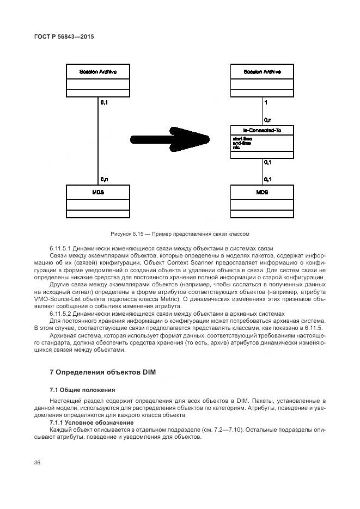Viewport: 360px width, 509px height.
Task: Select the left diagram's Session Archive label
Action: (x=97, y=71)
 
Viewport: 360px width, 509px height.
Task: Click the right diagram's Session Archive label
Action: (x=261, y=71)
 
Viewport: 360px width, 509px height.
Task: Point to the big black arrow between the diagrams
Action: (x=163, y=138)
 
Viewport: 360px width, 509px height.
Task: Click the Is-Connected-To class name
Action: (x=261, y=131)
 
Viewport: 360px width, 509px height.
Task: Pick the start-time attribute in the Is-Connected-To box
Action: (x=242, y=139)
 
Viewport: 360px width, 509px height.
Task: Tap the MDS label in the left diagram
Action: (x=97, y=192)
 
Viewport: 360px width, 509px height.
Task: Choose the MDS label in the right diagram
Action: (x=261, y=192)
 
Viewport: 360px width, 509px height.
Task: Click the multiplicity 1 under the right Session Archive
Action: (x=265, y=102)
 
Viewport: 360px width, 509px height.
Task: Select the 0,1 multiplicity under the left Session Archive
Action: (x=104, y=102)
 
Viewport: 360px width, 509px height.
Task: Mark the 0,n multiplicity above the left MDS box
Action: (x=104, y=179)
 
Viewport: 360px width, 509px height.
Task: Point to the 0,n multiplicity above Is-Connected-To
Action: (x=267, y=120)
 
